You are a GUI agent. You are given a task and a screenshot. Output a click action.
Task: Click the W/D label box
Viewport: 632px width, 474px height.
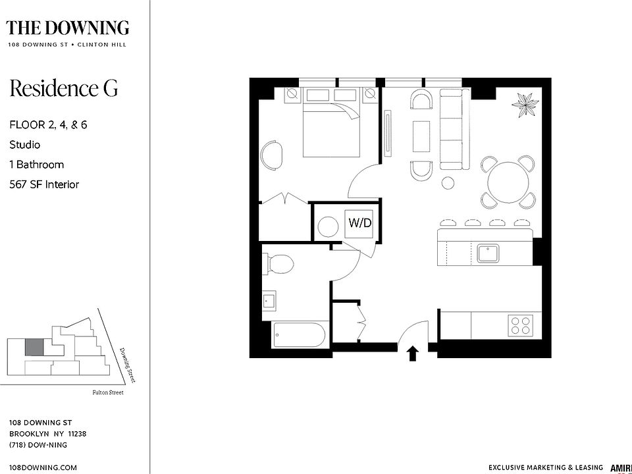tap(359, 223)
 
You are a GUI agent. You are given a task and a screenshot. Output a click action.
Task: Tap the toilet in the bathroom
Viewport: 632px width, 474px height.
tap(278, 265)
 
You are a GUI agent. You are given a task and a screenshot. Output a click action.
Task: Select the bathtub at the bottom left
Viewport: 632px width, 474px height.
tap(300, 338)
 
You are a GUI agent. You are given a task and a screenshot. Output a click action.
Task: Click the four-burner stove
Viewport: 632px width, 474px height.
tap(520, 325)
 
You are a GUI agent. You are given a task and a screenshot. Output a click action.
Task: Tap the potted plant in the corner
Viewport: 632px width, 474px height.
tap(526, 103)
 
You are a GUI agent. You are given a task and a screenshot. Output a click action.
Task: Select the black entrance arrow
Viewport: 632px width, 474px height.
tap(413, 354)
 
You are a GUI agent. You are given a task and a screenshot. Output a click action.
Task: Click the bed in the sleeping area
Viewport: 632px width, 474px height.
tap(332, 129)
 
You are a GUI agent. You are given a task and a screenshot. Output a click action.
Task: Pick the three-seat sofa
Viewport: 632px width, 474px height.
tap(452, 130)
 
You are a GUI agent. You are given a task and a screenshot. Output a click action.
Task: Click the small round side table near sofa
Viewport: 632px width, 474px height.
tap(448, 182)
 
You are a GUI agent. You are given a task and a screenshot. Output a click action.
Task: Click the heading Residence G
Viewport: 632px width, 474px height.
tap(63, 88)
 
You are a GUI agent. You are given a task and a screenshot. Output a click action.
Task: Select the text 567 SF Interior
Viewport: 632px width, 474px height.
tap(44, 184)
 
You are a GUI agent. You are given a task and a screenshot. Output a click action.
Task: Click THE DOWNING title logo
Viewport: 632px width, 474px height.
tap(67, 28)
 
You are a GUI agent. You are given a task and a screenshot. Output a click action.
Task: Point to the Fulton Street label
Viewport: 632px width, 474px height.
tap(107, 393)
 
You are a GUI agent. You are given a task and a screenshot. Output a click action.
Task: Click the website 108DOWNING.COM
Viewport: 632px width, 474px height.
tap(43, 467)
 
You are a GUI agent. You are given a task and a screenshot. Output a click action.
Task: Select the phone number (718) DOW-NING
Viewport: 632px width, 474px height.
tap(38, 445)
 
